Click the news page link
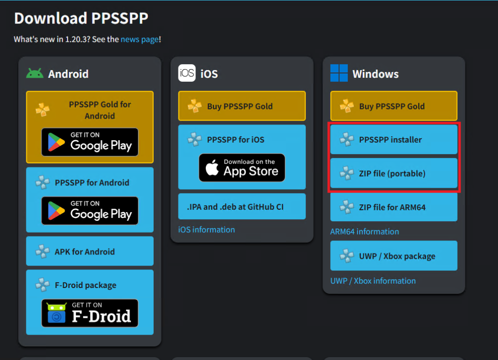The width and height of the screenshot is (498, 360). click(140, 39)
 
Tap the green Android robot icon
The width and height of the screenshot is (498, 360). click(35, 73)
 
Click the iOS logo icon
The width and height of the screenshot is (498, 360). click(187, 73)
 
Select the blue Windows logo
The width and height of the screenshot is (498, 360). click(339, 73)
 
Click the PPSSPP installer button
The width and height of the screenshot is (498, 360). click(393, 140)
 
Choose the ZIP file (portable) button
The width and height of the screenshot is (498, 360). click(393, 173)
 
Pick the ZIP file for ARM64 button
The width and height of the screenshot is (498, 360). click(393, 207)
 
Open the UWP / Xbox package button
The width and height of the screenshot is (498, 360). click(393, 256)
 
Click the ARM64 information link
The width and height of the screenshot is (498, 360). click(365, 232)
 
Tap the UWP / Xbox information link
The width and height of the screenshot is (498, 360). click(373, 281)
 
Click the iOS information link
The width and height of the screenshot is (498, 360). click(207, 230)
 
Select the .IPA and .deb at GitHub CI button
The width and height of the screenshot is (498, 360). click(242, 207)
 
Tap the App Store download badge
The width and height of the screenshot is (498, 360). click(242, 168)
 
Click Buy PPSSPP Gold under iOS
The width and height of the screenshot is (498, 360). click(242, 106)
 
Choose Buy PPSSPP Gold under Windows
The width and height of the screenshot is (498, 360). click(393, 106)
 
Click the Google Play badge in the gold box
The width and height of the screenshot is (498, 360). click(89, 142)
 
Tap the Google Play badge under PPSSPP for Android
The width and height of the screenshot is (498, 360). click(89, 211)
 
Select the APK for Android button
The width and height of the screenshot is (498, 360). click(89, 252)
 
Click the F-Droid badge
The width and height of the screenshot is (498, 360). click(89, 313)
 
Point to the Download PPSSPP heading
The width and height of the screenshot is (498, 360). click(81, 18)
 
